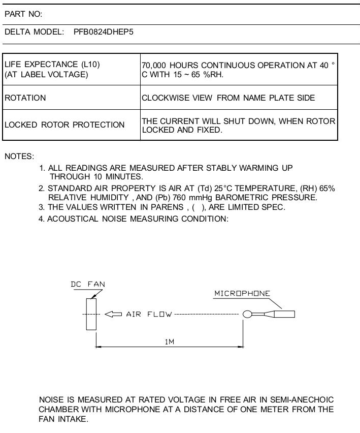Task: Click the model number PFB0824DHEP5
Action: tap(104, 32)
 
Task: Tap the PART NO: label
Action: tap(23, 14)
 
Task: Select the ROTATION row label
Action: tap(25, 98)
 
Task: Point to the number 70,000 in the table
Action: tap(154, 66)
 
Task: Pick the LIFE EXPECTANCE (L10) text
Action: tap(52, 65)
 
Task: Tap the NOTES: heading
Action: tap(19, 157)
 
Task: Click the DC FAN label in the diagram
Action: tap(88, 284)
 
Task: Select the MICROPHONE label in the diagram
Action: tap(242, 293)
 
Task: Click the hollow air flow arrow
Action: tap(113, 314)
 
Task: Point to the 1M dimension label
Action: tap(170, 342)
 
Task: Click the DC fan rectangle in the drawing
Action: tap(91, 314)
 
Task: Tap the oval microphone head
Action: tap(247, 314)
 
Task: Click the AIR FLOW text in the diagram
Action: tap(149, 314)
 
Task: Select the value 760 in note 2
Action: tap(179, 198)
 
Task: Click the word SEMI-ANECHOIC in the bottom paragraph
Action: tap(302, 400)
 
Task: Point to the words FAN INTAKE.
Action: tap(63, 419)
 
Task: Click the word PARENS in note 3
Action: tap(167, 207)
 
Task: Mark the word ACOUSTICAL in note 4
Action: tap(73, 219)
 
